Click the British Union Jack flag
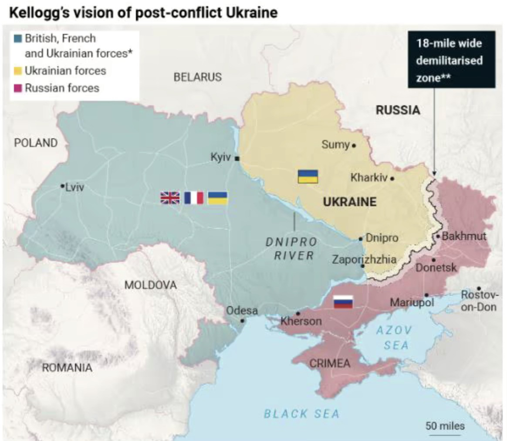coord(170,198)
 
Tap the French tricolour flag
coord(194,198)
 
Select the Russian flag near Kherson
coord(343,301)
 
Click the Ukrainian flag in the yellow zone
coord(308,176)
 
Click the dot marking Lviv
coord(62,186)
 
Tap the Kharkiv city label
coord(368,178)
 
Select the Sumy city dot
coord(354,145)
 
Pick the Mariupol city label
coord(412,302)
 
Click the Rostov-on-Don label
coord(479,301)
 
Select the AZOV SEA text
coord(394,337)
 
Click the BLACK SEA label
coord(301,414)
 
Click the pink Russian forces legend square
coord(18,88)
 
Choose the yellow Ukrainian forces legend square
coord(18,70)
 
